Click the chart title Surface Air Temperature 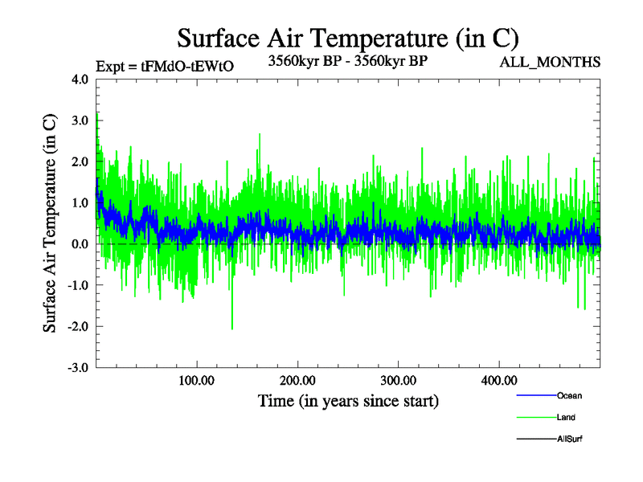pyautogui.click(x=347, y=38)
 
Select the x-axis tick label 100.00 pyautogui.click(x=197, y=380)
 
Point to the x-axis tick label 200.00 pyautogui.click(x=297, y=380)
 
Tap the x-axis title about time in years pyautogui.click(x=347, y=400)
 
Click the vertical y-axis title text pyautogui.click(x=50, y=223)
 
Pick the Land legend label pyautogui.click(x=566, y=417)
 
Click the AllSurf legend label pyautogui.click(x=570, y=439)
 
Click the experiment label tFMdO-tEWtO pyautogui.click(x=165, y=67)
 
